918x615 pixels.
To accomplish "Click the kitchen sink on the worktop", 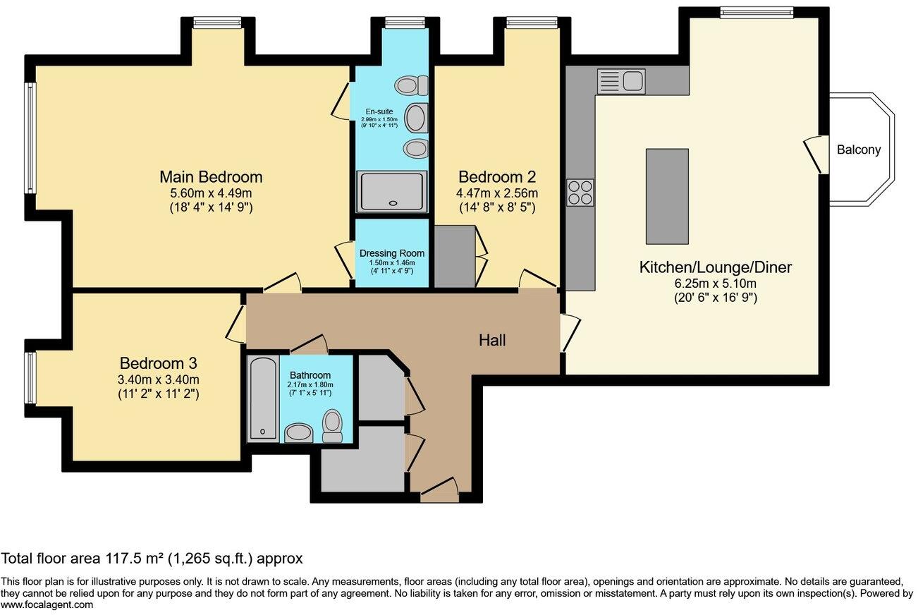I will tap(620, 81).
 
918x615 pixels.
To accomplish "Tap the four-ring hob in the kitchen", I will tap(580, 192).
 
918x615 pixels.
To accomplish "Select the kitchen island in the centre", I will tap(667, 196).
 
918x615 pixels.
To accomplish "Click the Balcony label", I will tap(859, 150).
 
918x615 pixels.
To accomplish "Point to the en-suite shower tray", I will tap(391, 191).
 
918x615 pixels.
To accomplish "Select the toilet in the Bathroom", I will tap(331, 427).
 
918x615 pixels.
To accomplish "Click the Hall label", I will tap(492, 340).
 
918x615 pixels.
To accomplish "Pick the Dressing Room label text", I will tap(392, 253).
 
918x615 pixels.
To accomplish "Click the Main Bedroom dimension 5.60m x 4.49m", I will tap(211, 193).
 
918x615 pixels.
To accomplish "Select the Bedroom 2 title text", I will tap(498, 176).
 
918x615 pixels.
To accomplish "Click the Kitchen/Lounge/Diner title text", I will tap(715, 267).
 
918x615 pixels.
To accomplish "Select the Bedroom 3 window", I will tap(30, 377).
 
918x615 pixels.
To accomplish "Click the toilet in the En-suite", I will tap(412, 86).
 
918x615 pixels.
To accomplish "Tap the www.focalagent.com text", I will tap(47, 604).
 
